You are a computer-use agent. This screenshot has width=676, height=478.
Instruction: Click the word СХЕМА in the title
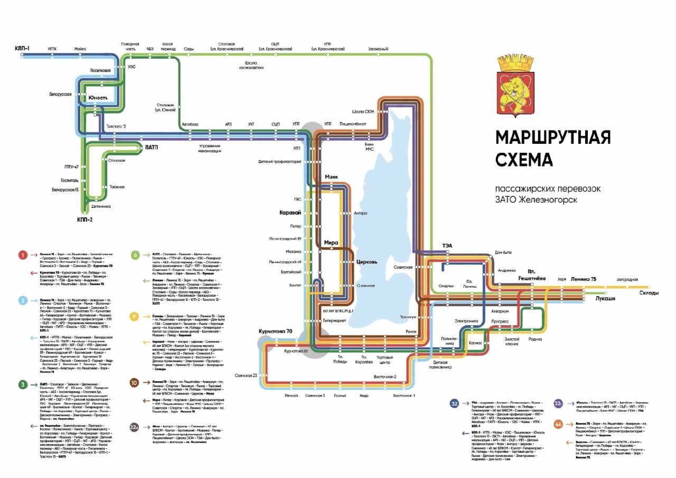(524, 159)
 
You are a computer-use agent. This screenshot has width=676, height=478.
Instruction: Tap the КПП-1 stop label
(22, 49)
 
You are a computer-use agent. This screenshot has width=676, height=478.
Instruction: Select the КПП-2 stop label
(84, 219)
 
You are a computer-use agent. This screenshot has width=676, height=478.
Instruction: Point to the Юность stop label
(98, 98)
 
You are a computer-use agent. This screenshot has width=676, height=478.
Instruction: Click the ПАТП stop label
(152, 148)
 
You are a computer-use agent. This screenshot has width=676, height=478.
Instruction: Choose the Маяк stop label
(331, 177)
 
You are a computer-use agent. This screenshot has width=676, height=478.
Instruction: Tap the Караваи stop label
(290, 213)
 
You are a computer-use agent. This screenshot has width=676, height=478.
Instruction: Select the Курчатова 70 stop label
(275, 332)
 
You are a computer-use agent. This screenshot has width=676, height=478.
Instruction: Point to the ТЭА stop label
(447, 245)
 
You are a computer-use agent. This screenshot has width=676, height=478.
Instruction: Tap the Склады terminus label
(649, 293)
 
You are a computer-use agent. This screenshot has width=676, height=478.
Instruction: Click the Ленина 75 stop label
(583, 279)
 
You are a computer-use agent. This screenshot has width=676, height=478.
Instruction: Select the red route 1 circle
(23, 255)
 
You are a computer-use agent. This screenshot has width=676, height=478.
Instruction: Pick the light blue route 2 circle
(23, 300)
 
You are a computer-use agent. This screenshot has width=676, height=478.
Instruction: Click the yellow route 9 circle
(135, 317)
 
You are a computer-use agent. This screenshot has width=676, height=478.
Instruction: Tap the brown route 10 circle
(135, 382)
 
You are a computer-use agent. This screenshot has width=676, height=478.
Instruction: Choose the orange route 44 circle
(558, 424)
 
